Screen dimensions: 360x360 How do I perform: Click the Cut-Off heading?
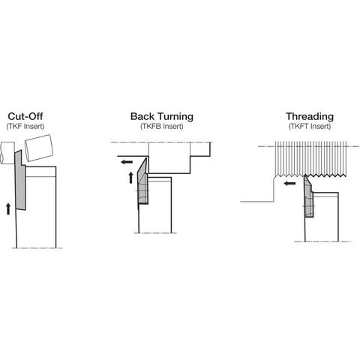pos(25,116)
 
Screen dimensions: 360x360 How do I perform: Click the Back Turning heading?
pos(162,116)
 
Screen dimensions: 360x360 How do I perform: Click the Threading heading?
pos(310,116)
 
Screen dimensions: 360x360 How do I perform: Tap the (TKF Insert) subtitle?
pos(25,126)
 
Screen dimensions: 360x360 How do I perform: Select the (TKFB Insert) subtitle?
pos(162,126)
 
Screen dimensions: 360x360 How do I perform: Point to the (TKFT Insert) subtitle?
pos(310,126)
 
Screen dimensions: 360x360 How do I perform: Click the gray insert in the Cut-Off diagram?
pos(20,180)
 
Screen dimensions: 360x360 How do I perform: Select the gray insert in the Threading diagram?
pos(309,196)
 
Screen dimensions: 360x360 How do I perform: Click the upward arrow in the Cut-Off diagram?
pos(8,209)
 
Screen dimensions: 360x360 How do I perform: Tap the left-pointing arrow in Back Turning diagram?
pos(127,162)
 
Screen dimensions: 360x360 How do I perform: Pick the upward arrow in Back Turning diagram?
pos(130,178)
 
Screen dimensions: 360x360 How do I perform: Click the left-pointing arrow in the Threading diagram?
pos(290,184)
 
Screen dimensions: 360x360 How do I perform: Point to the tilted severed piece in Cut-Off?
pos(39,148)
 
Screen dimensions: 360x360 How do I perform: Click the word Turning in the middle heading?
pos(176,116)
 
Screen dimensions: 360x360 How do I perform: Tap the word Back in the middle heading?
pos(143,116)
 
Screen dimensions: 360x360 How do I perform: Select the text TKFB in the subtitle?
pos(151,126)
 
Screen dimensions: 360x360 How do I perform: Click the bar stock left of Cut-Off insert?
pos(7,153)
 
